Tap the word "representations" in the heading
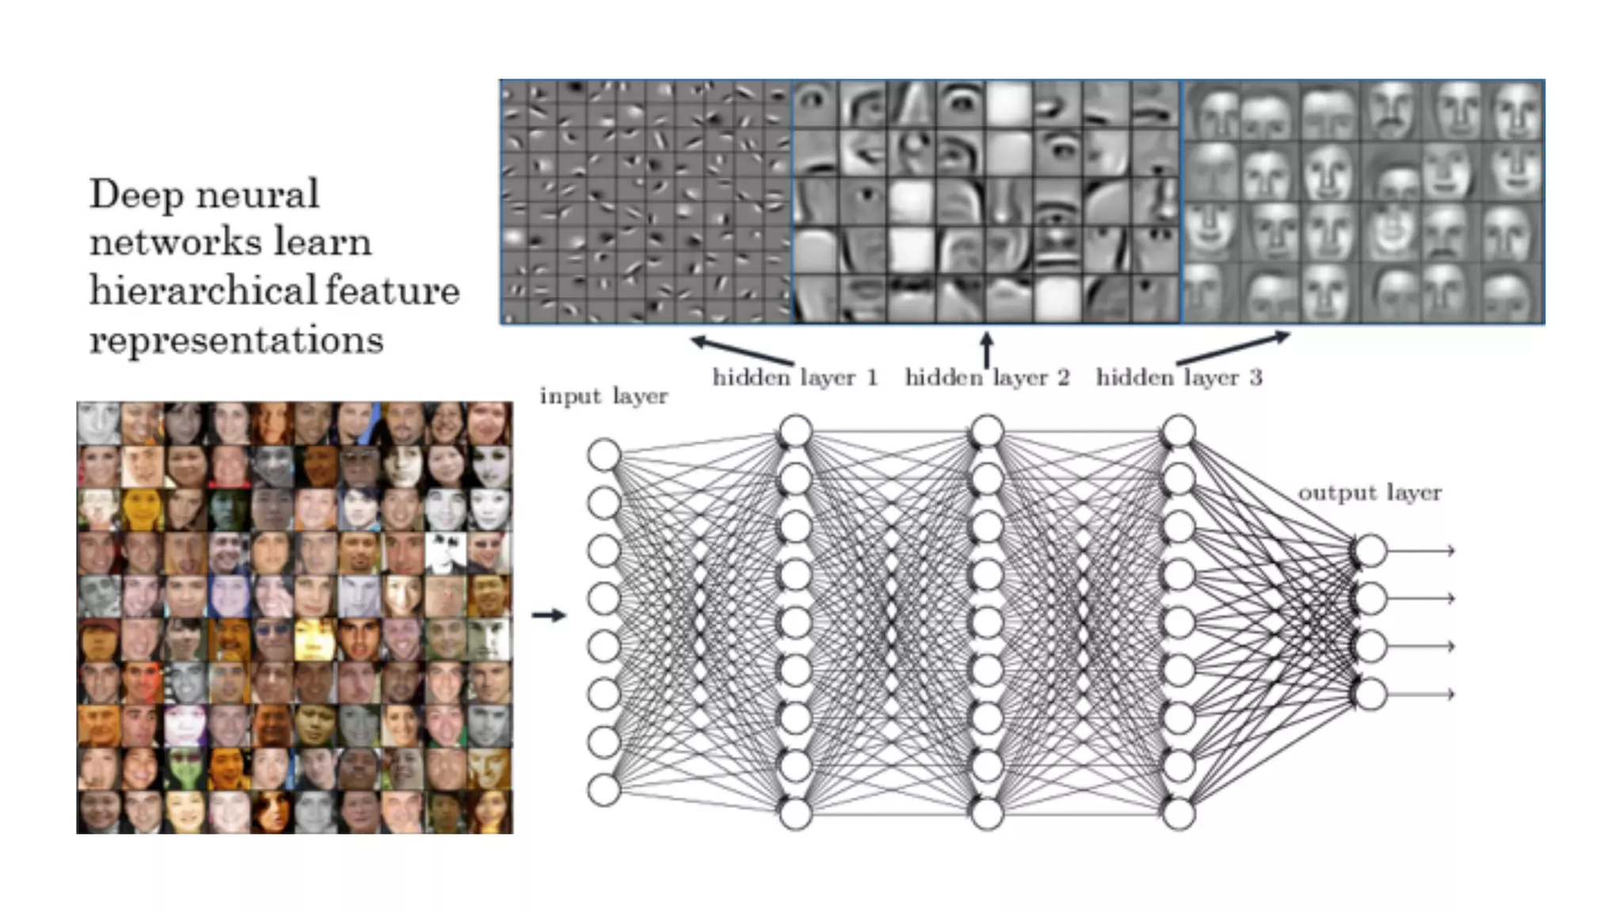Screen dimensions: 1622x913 (x=236, y=340)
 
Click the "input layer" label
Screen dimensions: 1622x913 (x=603, y=395)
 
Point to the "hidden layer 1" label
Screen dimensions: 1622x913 (x=795, y=377)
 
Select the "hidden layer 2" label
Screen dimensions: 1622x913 (x=987, y=377)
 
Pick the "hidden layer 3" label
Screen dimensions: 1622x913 (x=1178, y=377)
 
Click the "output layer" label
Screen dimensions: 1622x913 (x=1369, y=492)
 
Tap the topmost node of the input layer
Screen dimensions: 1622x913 (x=603, y=456)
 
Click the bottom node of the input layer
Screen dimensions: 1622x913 (x=603, y=790)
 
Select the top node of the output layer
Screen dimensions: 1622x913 (x=1370, y=551)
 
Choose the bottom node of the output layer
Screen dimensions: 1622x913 (x=1370, y=694)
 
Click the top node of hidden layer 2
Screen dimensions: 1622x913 (x=987, y=432)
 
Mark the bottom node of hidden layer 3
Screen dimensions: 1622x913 (x=1178, y=814)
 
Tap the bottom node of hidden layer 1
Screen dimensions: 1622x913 (x=795, y=814)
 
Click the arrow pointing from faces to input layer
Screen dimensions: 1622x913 (x=548, y=615)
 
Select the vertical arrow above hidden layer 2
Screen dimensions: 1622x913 (x=987, y=350)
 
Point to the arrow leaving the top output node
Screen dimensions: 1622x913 (x=1422, y=551)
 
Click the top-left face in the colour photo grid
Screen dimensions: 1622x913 (x=98, y=423)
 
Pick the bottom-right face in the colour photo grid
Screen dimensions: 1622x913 (x=490, y=812)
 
